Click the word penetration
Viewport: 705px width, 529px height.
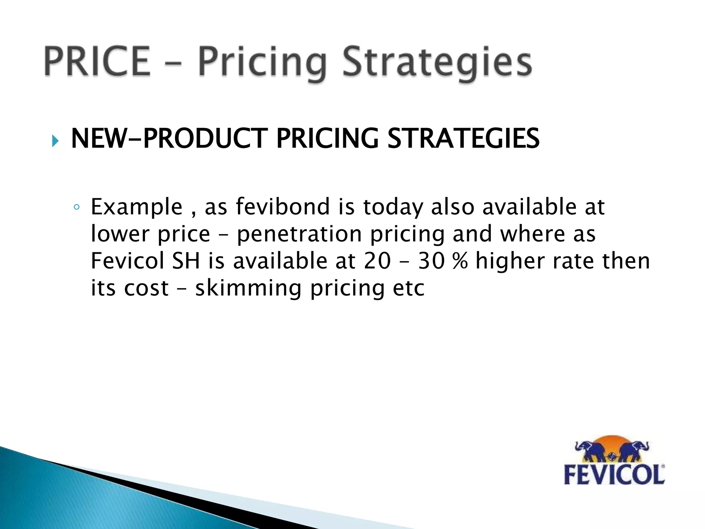299,234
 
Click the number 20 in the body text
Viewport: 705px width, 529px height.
377,261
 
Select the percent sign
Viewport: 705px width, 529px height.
460,261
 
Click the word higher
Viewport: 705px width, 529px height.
510,261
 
